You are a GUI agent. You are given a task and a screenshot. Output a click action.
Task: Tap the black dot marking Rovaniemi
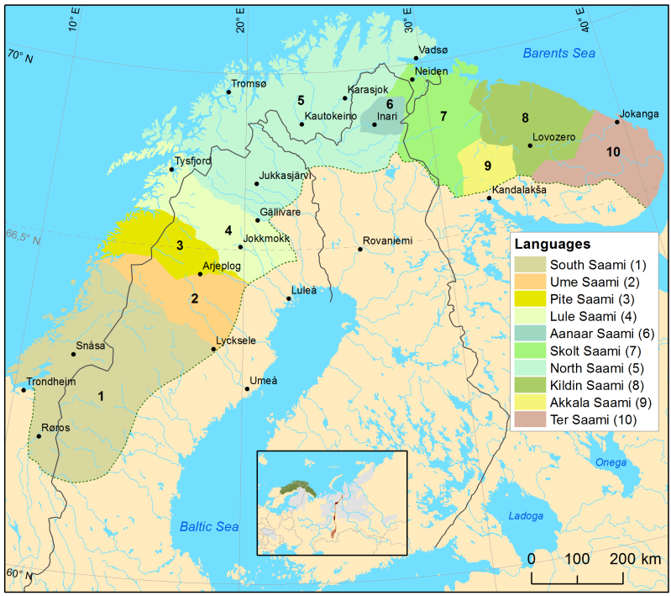pyautogui.click(x=360, y=249)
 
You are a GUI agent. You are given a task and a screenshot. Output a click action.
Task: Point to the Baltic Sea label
pyautogui.click(x=210, y=526)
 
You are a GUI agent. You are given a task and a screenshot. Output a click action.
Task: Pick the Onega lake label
pyautogui.click(x=610, y=462)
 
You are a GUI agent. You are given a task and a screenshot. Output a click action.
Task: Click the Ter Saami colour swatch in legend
pyautogui.click(x=527, y=419)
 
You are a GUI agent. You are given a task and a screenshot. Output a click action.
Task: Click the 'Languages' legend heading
pyautogui.click(x=553, y=245)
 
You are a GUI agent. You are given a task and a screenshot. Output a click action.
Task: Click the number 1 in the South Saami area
pyautogui.click(x=101, y=395)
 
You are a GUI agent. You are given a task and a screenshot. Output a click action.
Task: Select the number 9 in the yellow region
pyautogui.click(x=487, y=166)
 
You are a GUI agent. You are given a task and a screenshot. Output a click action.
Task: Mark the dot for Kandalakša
pyautogui.click(x=489, y=198)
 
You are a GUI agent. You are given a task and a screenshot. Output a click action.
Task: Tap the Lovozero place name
pyautogui.click(x=553, y=136)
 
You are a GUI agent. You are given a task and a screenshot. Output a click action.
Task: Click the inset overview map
pyautogui.click(x=331, y=503)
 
